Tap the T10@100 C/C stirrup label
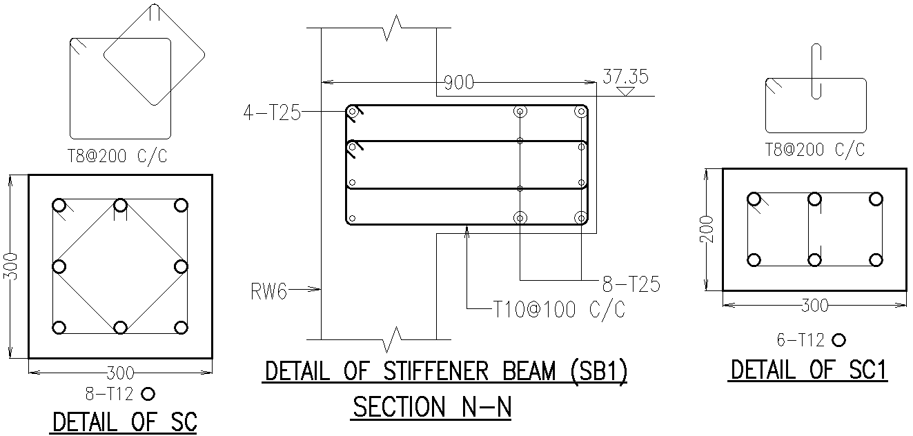click(559, 310)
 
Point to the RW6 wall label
click(268, 292)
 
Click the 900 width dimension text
click(458, 83)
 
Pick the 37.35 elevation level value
click(625, 76)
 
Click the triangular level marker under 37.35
click(626, 91)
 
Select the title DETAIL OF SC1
click(808, 370)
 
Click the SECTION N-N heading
click(432, 407)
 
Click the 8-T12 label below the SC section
click(110, 394)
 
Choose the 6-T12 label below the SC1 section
click(801, 340)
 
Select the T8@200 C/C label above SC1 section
click(815, 150)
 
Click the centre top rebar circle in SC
click(120, 205)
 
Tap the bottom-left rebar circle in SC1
click(754, 260)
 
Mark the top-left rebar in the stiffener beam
click(353, 112)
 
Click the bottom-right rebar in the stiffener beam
click(580, 218)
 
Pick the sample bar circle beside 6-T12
click(838, 340)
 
